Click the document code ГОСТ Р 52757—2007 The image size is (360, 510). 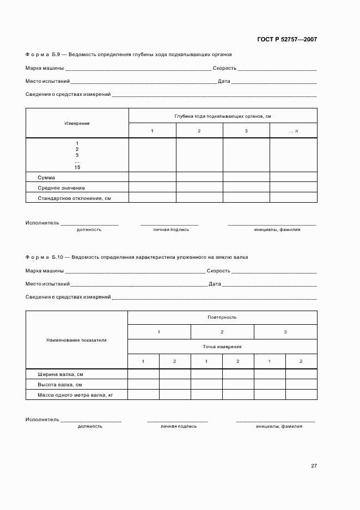[287, 39]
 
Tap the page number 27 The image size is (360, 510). [314, 466]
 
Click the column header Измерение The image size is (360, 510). [77, 124]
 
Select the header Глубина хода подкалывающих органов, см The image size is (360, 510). [223, 116]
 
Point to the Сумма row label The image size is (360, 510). [46, 178]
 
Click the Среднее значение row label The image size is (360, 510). [58, 188]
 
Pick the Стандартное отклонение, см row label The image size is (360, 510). [74, 198]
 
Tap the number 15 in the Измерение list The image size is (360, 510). [77, 167]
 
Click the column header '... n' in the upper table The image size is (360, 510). [294, 131]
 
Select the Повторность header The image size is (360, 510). [222, 317]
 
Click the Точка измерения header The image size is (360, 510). [222, 347]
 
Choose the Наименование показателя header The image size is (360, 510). [76, 340]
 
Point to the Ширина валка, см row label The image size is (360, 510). [60, 375]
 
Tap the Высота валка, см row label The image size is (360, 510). [59, 385]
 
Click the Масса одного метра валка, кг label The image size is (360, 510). [75, 394]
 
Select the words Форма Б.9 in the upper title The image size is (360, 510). [45, 55]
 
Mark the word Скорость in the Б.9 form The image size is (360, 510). [224, 69]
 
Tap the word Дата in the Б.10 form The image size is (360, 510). [215, 284]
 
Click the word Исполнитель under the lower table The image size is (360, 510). [42, 420]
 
